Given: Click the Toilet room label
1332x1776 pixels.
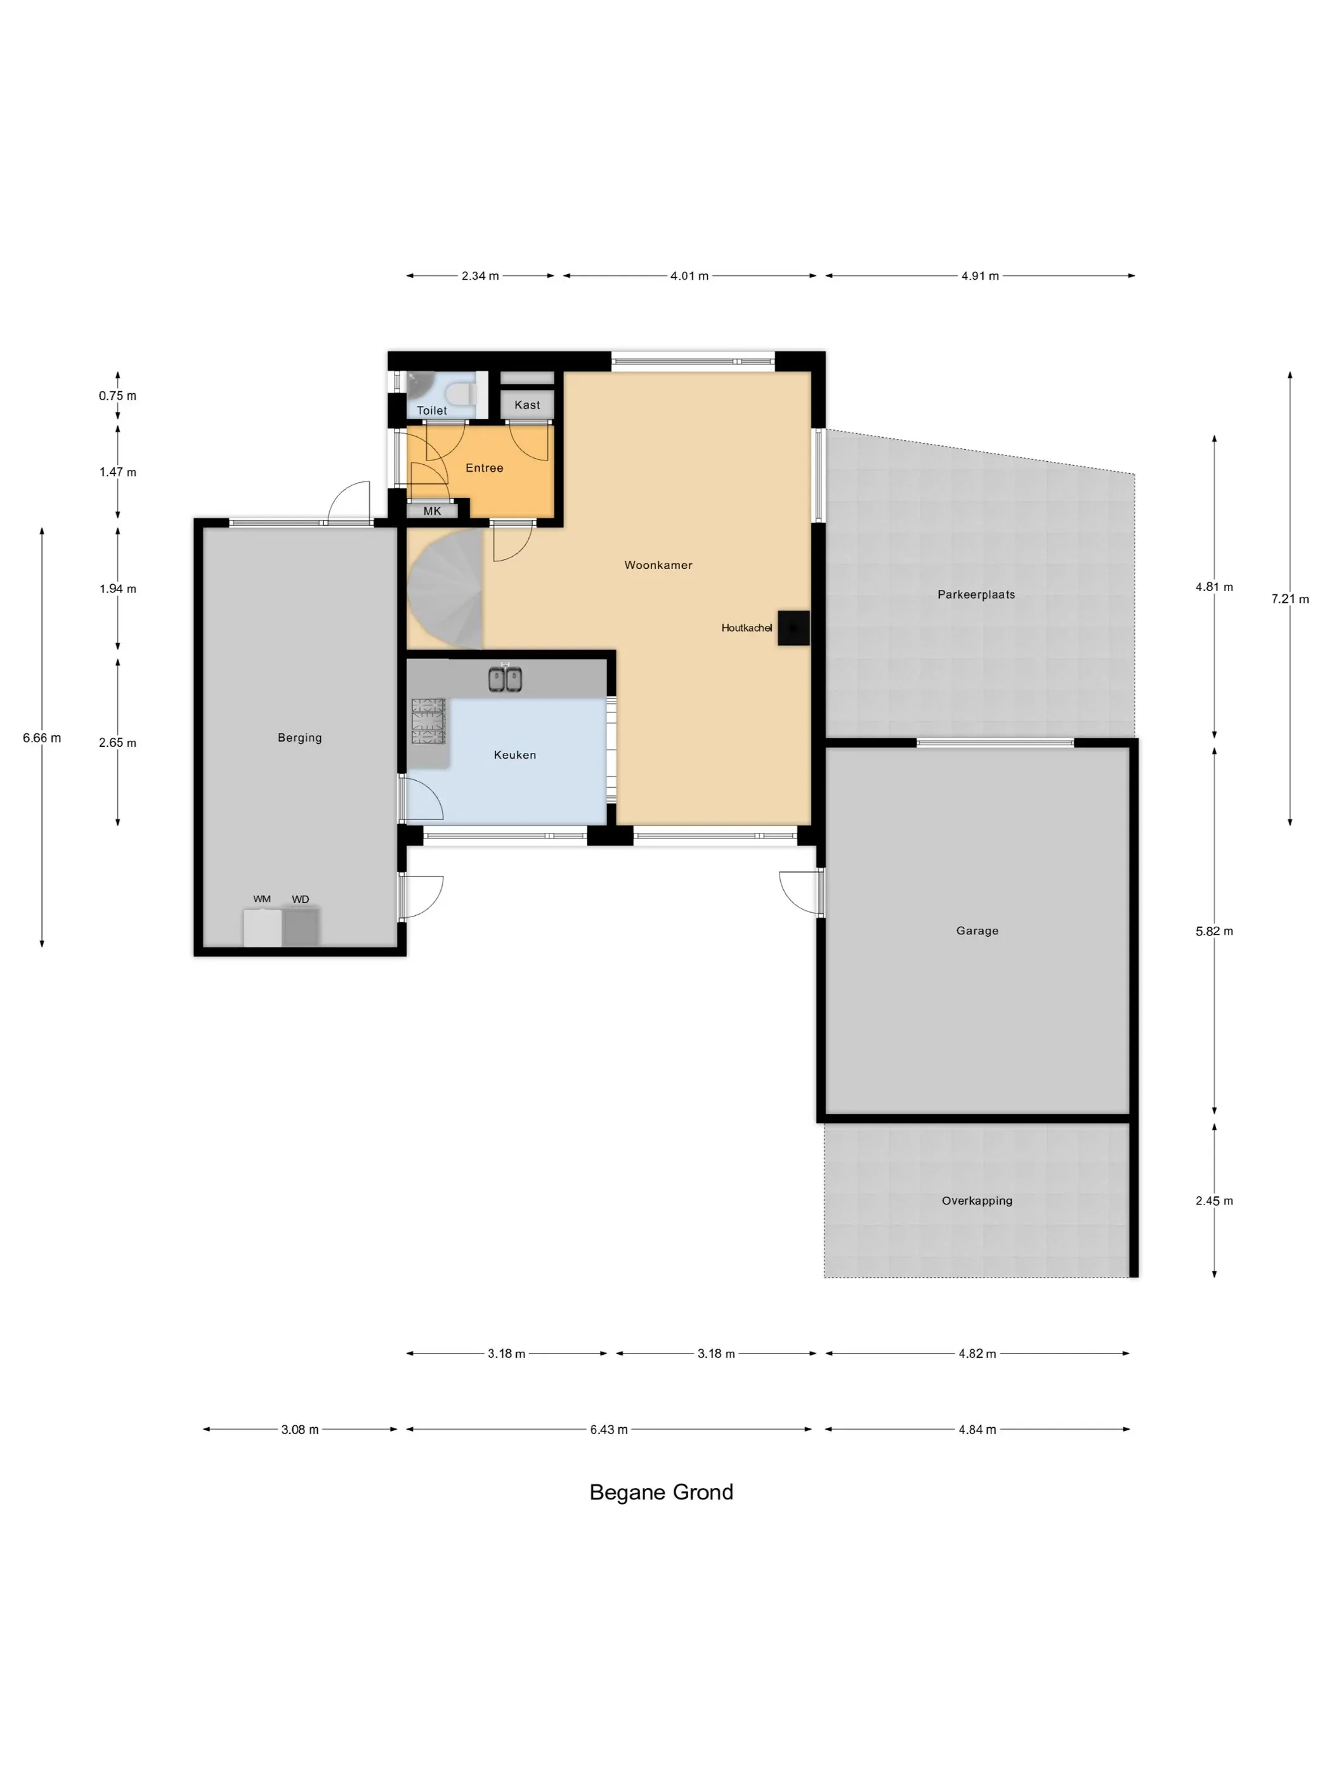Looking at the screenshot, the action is pyautogui.click(x=431, y=410).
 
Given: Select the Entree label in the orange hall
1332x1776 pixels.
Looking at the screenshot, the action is pyautogui.click(x=484, y=467).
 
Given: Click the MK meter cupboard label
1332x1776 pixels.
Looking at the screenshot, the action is pyautogui.click(x=432, y=511).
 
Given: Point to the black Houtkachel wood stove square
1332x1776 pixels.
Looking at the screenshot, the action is pyautogui.click(x=793, y=628).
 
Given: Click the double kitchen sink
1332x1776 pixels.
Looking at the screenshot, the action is pyautogui.click(x=505, y=679).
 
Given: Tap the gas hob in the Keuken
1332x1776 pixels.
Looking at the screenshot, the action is pyautogui.click(x=428, y=720).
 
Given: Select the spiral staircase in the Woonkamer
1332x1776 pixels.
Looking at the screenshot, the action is pyautogui.click(x=445, y=589).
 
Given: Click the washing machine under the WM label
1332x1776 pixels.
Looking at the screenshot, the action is pyautogui.click(x=263, y=927).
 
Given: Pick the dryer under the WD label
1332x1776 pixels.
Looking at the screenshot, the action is pyautogui.click(x=301, y=927).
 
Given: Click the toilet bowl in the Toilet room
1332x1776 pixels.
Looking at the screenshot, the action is pyautogui.click(x=461, y=395).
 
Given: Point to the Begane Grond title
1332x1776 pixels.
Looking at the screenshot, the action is pyautogui.click(x=661, y=1492).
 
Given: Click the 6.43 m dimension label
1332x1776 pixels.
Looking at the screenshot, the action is pyautogui.click(x=608, y=1429).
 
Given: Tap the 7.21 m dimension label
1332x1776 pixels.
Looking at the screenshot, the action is pyautogui.click(x=1290, y=598).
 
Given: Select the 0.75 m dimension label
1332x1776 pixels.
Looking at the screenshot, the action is pyautogui.click(x=117, y=395).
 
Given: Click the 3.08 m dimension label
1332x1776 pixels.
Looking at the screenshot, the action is pyautogui.click(x=299, y=1429).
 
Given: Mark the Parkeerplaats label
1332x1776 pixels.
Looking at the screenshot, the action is pyautogui.click(x=976, y=594).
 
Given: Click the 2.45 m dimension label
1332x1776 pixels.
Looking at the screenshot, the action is pyautogui.click(x=1214, y=1200).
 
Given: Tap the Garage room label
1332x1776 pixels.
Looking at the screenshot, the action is pyautogui.click(x=977, y=930).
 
